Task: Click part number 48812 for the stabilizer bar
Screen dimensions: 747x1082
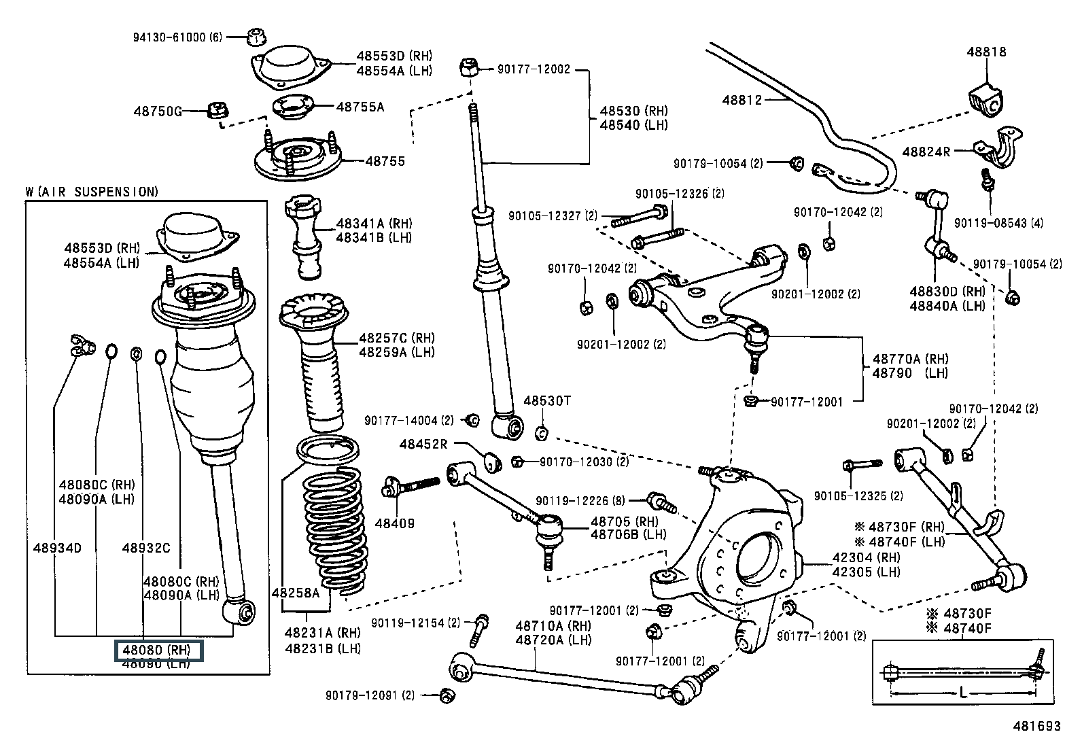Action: coord(741,100)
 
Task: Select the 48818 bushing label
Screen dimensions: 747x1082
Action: coord(986,52)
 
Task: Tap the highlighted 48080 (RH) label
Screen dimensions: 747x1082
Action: coord(158,650)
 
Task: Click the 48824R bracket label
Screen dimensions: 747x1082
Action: coord(926,152)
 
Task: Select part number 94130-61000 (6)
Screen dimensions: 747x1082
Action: coord(177,37)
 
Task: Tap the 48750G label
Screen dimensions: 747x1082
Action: coord(158,111)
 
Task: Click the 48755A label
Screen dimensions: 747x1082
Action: coord(360,107)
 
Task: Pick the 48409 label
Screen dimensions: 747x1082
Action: coord(395,523)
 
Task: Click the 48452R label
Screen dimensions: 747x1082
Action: coord(423,445)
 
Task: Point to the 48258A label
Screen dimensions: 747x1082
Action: coord(295,593)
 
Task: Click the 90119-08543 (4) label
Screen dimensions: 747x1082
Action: coord(998,223)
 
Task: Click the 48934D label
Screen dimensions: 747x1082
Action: coord(57,548)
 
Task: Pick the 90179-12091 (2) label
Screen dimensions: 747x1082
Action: coord(370,695)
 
